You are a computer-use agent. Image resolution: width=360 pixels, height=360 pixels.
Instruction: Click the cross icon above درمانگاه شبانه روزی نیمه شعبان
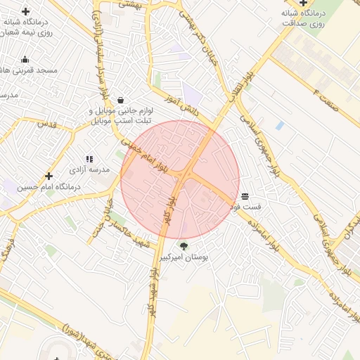point(26,12)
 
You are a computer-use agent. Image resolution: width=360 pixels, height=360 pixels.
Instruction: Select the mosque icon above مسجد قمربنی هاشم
point(25,59)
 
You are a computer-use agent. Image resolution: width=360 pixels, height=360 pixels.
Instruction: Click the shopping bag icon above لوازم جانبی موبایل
point(121,100)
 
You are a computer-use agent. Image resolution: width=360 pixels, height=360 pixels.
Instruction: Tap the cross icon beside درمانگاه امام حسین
point(49,176)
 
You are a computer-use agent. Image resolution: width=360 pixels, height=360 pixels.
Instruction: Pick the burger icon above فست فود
point(244,196)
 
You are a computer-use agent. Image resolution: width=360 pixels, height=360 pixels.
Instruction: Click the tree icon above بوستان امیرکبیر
point(184,246)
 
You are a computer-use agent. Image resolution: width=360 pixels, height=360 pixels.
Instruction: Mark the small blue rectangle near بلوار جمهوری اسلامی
point(280,125)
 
